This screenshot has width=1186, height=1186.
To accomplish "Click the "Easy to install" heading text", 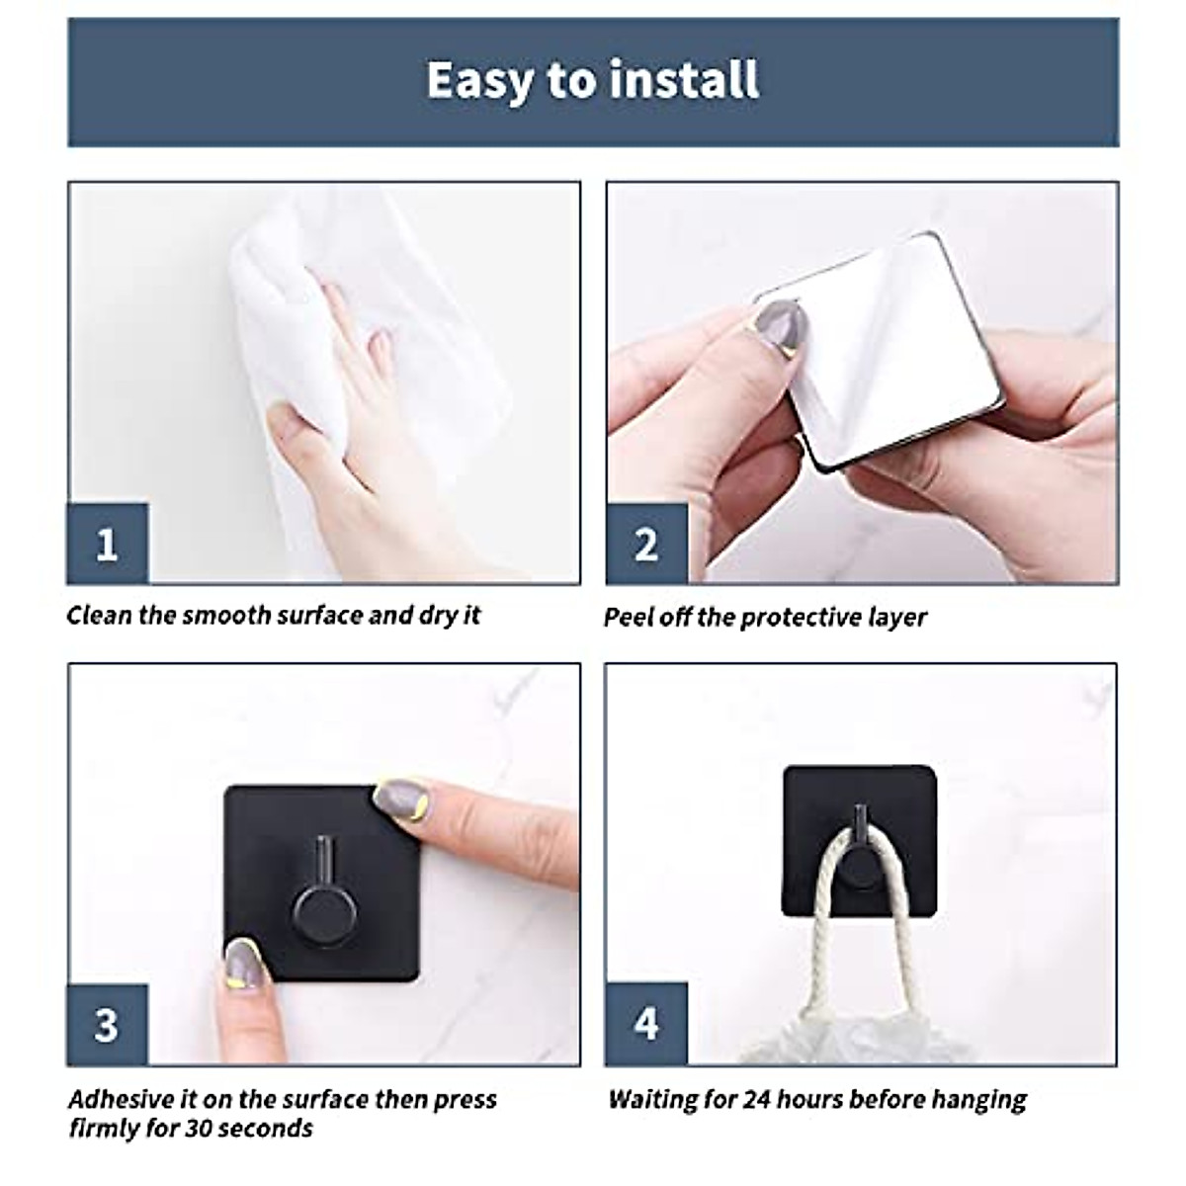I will point(593,81).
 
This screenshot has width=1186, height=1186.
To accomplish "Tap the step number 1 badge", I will point(107,545).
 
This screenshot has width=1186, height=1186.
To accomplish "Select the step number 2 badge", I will point(645,545).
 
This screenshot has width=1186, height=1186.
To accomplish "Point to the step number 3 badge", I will point(107,1025).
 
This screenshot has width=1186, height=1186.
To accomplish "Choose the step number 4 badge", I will point(645,1024).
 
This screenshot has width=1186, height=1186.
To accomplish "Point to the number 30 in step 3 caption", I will point(200,1129).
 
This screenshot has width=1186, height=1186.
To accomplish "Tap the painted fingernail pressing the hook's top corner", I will point(400,795).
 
